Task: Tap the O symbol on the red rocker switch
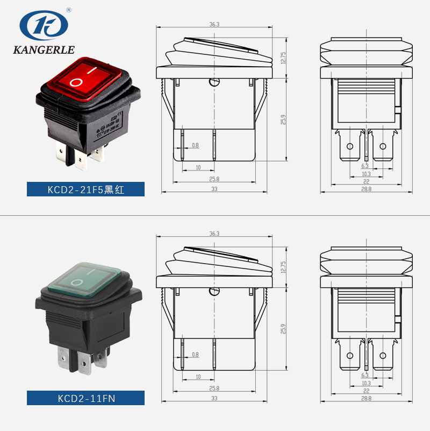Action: (x=77, y=82)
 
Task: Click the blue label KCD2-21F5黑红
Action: (x=86, y=189)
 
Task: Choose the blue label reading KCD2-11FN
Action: (x=86, y=399)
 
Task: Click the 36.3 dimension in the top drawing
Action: (x=214, y=24)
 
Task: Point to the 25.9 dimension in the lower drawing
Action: (x=284, y=329)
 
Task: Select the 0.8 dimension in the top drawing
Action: (x=195, y=145)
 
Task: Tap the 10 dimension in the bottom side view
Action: (x=198, y=377)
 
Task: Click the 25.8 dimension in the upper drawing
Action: (x=214, y=179)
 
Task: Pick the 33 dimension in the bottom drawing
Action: (x=214, y=398)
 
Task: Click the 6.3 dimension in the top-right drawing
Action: (x=365, y=166)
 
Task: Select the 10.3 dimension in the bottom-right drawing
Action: (x=366, y=383)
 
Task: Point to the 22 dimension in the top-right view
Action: (x=366, y=182)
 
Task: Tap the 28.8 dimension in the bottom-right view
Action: (x=366, y=399)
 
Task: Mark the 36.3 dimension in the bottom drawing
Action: (x=214, y=234)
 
